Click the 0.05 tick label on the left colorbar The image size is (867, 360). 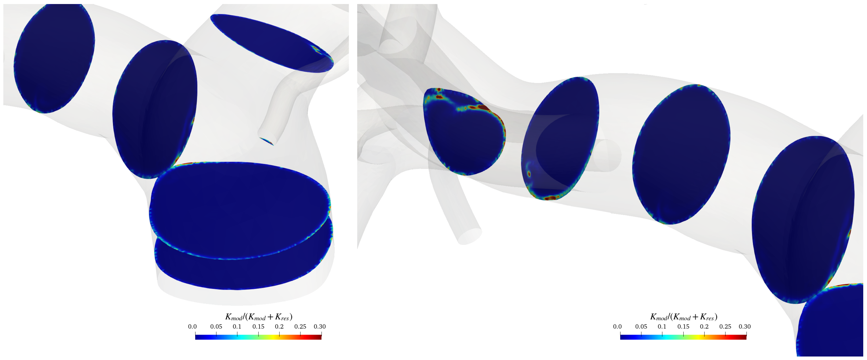tap(216, 326)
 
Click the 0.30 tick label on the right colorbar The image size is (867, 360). tap(745, 326)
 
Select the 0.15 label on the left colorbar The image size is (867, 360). tap(258, 326)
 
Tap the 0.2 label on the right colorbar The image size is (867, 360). tap(704, 326)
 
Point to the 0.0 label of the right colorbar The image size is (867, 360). tap(617, 326)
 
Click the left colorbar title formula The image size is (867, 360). tap(258, 317)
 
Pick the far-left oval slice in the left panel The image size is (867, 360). tap(54, 59)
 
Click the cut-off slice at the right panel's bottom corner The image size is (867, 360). tap(831, 323)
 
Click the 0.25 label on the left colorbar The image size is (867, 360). tap(300, 326)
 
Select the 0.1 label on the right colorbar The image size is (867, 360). tap(662, 326)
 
